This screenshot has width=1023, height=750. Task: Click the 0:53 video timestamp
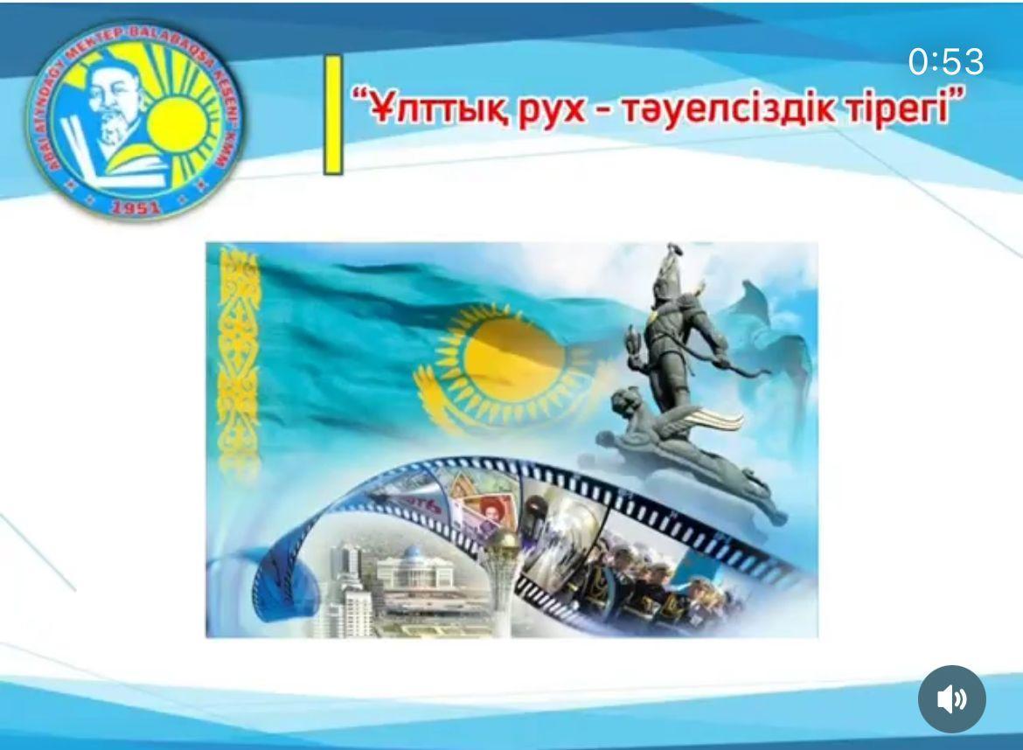tap(945, 62)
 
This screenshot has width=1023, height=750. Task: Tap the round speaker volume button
tap(951, 699)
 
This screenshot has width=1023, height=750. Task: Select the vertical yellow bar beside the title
tap(333, 115)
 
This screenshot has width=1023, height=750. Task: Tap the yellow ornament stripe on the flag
tap(238, 358)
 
